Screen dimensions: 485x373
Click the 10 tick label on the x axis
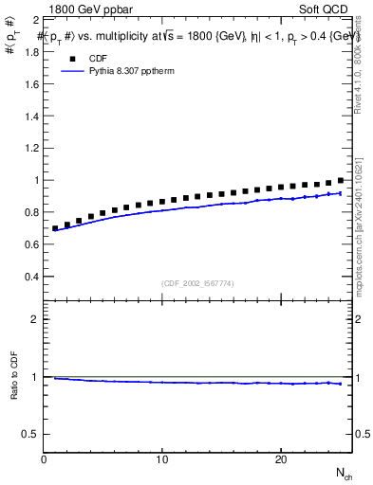point(162,459)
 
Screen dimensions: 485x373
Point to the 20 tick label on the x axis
point(281,459)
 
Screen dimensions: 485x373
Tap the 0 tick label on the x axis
point(44,459)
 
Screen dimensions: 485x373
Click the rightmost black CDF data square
point(341,180)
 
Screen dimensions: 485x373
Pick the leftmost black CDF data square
point(55,228)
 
